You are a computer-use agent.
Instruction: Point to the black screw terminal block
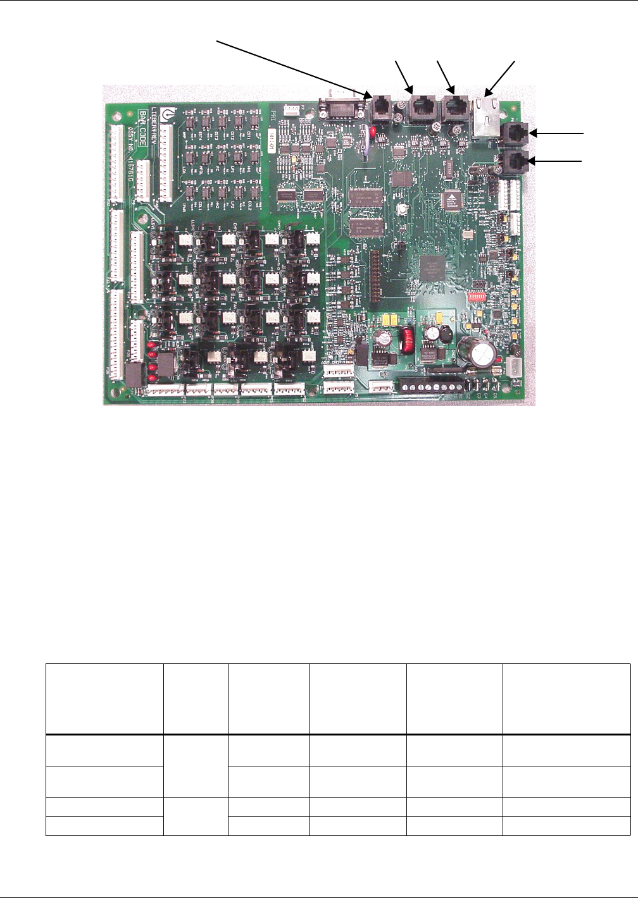pyautogui.click(x=431, y=384)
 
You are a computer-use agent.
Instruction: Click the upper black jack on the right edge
pyautogui.click(x=513, y=134)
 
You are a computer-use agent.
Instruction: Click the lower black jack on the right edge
pyautogui.click(x=513, y=161)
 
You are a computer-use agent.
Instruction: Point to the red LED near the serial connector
pyautogui.click(x=373, y=131)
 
